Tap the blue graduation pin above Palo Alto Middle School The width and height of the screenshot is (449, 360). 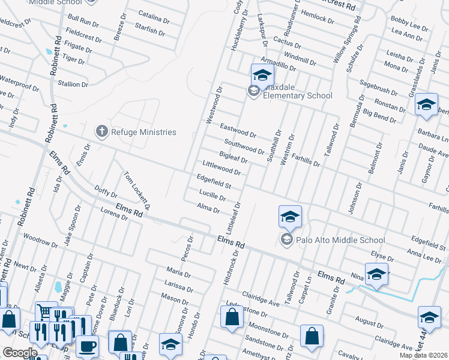coord(290,217)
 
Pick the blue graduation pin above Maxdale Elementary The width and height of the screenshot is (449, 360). coord(262,75)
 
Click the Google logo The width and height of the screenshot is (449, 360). coord(20,353)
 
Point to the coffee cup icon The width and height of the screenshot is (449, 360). coord(88,346)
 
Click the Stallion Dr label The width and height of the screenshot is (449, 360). coord(73,84)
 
